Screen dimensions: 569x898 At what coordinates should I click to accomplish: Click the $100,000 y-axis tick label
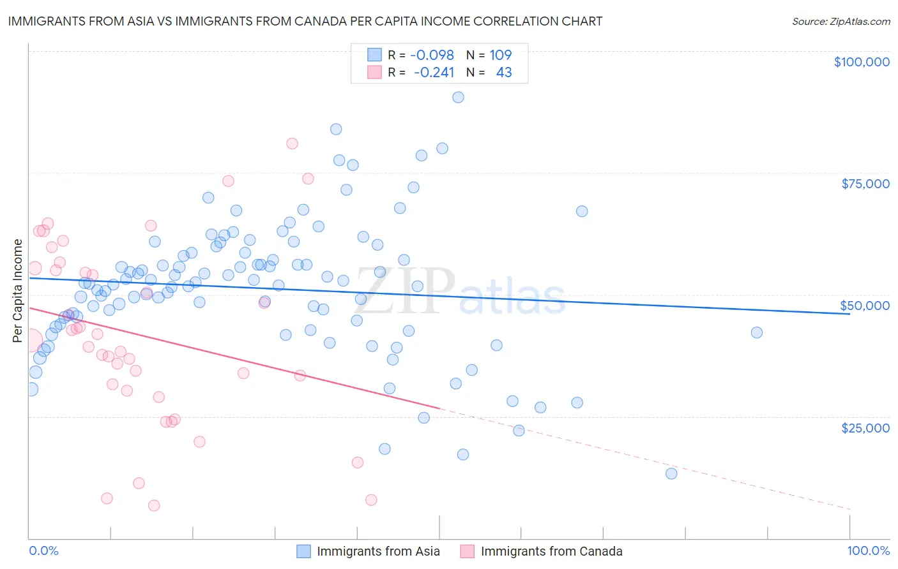pos(862,62)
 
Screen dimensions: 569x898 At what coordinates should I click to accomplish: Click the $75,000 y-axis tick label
pos(865,184)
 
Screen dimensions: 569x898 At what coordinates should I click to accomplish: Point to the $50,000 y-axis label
pos(865,306)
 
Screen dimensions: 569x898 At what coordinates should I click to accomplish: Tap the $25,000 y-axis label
pos(865,428)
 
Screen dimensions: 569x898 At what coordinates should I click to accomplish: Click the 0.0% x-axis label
pos(43,551)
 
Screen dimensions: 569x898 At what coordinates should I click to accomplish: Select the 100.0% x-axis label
pos(869,551)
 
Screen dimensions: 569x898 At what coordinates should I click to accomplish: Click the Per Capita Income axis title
pos(17,290)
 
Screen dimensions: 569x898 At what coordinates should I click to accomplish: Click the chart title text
pos(305,21)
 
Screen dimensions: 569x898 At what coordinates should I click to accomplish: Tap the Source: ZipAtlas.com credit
pos(841,22)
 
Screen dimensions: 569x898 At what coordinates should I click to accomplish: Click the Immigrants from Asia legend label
pos(378,551)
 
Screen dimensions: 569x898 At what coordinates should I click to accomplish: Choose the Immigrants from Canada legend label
pos(551,551)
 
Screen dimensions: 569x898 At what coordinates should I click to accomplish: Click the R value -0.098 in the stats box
pos(432,55)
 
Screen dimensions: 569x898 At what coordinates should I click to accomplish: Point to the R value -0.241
pos(434,72)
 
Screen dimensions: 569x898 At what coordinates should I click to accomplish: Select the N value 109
pos(501,55)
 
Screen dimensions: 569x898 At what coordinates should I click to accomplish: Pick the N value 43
pos(504,72)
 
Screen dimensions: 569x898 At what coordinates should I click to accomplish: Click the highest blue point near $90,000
pos(458,97)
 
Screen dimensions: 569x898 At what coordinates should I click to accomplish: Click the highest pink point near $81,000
pos(292,144)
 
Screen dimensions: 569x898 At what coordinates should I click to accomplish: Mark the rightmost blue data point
pos(757,332)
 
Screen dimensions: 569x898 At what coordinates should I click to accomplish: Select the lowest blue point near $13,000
pos(671,473)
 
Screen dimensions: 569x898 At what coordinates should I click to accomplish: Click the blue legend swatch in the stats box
pos(374,55)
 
